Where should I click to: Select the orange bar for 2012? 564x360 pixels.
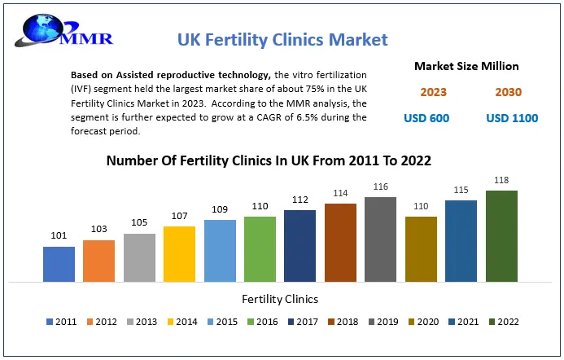[x=98, y=261]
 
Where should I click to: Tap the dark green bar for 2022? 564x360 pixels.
[x=501, y=236]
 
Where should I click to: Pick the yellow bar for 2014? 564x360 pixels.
[x=179, y=254]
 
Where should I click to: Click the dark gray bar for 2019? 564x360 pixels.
[x=380, y=239]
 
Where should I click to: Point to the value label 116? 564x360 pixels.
[x=380, y=187]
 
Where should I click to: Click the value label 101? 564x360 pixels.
[x=59, y=236]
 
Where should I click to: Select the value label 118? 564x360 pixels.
[x=501, y=180]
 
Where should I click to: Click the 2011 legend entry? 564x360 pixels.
[x=61, y=322]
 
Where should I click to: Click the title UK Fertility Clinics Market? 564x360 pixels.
[x=282, y=39]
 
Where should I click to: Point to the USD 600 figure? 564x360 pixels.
[x=426, y=118]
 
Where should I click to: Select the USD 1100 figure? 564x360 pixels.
[x=512, y=118]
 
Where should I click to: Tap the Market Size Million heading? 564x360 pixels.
[x=466, y=66]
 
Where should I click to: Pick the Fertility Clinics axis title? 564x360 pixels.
[x=280, y=299]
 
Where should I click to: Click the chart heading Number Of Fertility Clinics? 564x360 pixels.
[x=269, y=160]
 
